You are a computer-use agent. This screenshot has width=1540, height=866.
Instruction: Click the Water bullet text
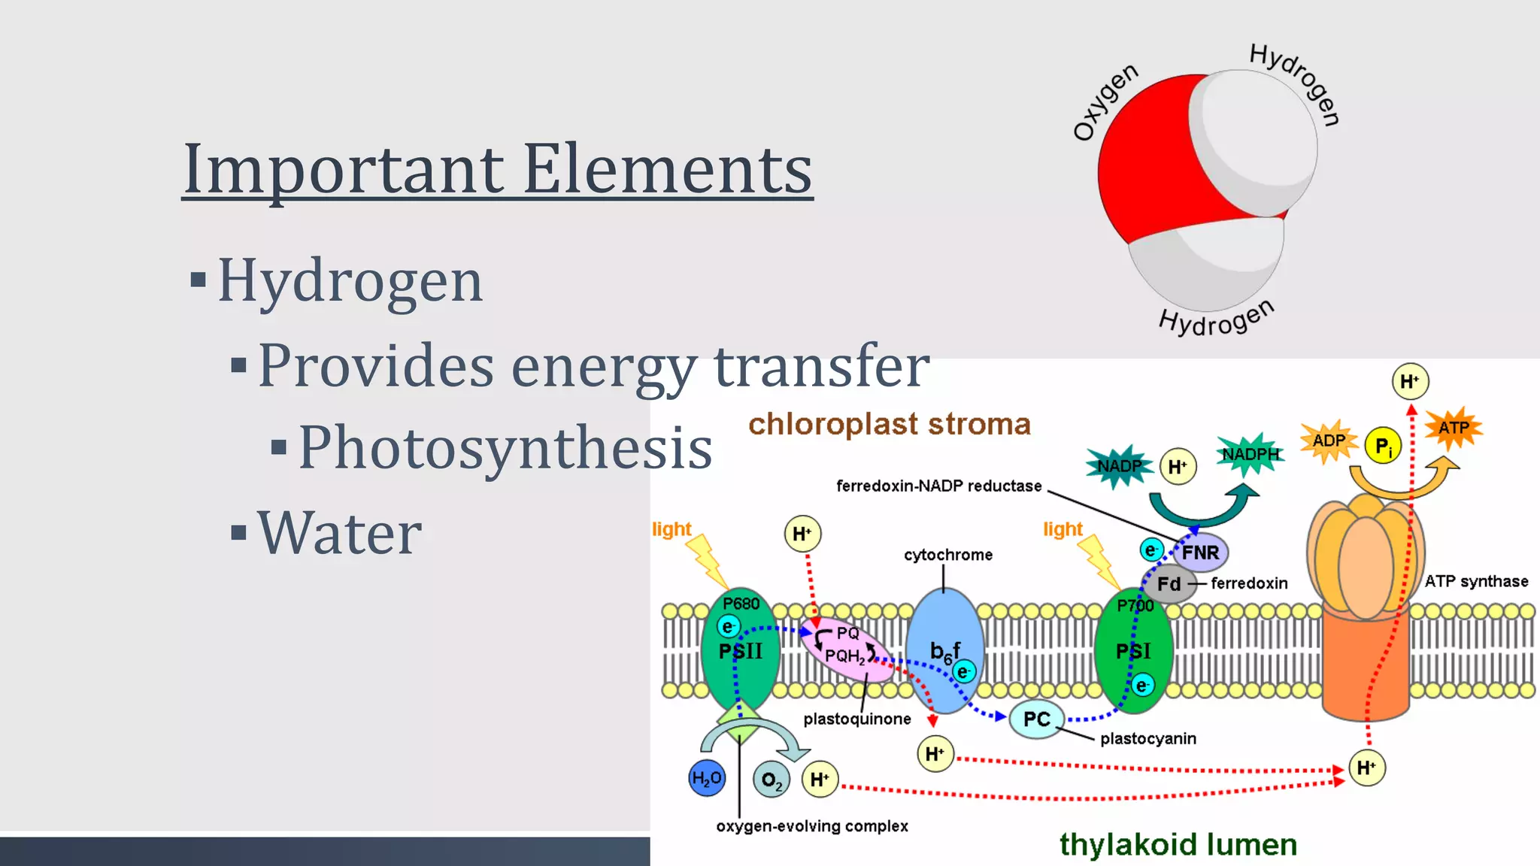[339, 533]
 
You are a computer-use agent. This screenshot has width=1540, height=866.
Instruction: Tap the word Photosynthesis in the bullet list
[505, 448]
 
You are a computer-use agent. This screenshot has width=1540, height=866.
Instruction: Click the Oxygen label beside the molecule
[1105, 102]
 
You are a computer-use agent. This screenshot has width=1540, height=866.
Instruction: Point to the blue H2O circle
[707, 778]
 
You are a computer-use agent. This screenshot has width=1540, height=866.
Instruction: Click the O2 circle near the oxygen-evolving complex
[772, 780]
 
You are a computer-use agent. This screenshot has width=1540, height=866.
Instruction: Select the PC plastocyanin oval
[1037, 719]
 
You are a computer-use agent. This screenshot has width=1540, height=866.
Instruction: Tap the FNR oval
[1200, 553]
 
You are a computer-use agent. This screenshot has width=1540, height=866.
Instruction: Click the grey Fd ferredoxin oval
[1169, 584]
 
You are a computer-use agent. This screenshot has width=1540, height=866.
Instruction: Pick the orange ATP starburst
[1454, 428]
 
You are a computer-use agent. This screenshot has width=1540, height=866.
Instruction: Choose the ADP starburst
[1329, 441]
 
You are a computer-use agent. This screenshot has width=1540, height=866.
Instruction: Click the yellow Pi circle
[1383, 446]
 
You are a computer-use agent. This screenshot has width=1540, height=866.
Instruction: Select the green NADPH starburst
[1250, 454]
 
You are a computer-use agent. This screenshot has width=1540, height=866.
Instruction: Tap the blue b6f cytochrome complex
[944, 651]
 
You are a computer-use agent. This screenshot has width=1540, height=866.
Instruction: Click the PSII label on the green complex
[740, 651]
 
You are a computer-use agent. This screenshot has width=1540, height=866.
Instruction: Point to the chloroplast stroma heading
[889, 425]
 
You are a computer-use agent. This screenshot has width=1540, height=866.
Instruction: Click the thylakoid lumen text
[1178, 844]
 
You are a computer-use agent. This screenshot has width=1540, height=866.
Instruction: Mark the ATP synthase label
[1476, 581]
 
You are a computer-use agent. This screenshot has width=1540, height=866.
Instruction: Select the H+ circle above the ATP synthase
[1409, 381]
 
